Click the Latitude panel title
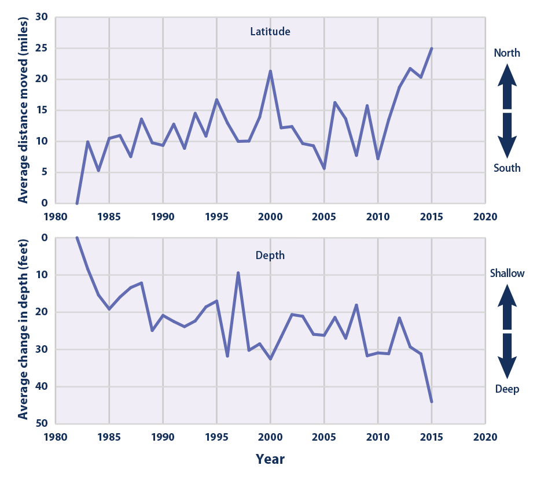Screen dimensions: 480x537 pyautogui.click(x=270, y=32)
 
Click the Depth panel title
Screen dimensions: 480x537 pyautogui.click(x=270, y=255)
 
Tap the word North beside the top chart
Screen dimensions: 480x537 pyautogui.click(x=507, y=53)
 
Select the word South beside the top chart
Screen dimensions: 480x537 pyautogui.click(x=507, y=168)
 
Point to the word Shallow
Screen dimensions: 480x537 pyautogui.click(x=507, y=274)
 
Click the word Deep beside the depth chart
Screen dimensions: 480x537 pyautogui.click(x=507, y=389)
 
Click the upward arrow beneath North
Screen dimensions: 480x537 pyautogui.click(x=507, y=86)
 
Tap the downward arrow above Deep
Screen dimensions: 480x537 pyautogui.click(x=507, y=356)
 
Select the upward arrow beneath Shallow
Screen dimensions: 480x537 pyautogui.click(x=507, y=307)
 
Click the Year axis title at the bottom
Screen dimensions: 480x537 pyautogui.click(x=270, y=459)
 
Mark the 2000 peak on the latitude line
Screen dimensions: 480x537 pyautogui.click(x=270, y=71)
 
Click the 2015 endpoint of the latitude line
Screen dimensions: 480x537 pyautogui.click(x=432, y=49)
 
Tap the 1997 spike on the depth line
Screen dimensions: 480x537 pyautogui.click(x=238, y=272)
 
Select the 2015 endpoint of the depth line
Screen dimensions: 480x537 pyautogui.click(x=432, y=401)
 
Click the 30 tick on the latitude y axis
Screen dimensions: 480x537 pyautogui.click(x=41, y=17)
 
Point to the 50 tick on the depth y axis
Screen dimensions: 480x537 pyautogui.click(x=41, y=423)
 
